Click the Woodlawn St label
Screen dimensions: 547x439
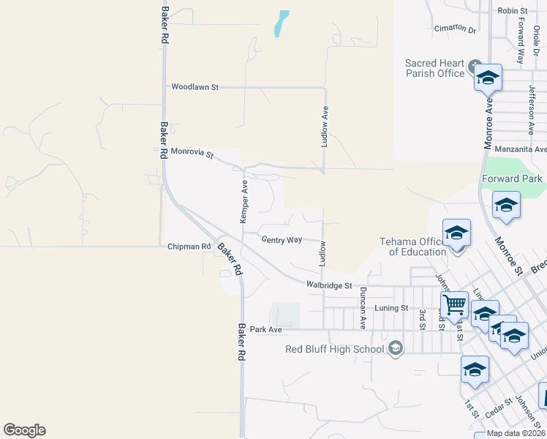195,87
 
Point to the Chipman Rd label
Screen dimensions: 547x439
189,247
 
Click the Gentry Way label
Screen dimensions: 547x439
282,240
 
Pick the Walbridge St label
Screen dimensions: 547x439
329,285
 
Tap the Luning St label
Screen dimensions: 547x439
391,308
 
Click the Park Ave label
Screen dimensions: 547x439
265,330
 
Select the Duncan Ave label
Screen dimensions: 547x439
363,307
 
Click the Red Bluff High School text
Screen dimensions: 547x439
334,349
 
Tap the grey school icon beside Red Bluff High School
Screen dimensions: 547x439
396,348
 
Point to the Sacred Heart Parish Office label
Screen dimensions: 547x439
435,68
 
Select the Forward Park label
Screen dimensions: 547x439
512,179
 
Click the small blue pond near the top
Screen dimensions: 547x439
281,23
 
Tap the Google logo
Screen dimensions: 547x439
24,430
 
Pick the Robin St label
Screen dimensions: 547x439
513,10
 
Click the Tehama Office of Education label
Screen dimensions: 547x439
413,247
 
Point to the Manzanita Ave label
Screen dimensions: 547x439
521,149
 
